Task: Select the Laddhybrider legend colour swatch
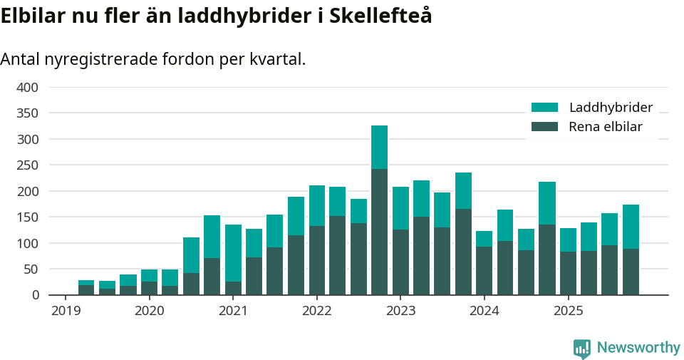pos(544,108)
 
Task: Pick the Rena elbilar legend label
pos(606,127)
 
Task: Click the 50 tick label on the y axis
pos(31,269)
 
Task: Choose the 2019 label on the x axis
pos(65,311)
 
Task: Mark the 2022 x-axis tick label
pos(316,311)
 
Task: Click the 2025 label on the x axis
pos(568,311)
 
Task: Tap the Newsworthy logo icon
pos(582,348)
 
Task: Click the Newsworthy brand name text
pos(638,348)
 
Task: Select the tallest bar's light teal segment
pos(379,147)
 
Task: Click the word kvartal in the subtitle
pos(274,59)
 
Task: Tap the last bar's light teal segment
pos(631,227)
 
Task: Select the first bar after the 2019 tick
pos(86,287)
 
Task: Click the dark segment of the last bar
pos(631,272)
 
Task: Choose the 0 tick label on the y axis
pos(35,295)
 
